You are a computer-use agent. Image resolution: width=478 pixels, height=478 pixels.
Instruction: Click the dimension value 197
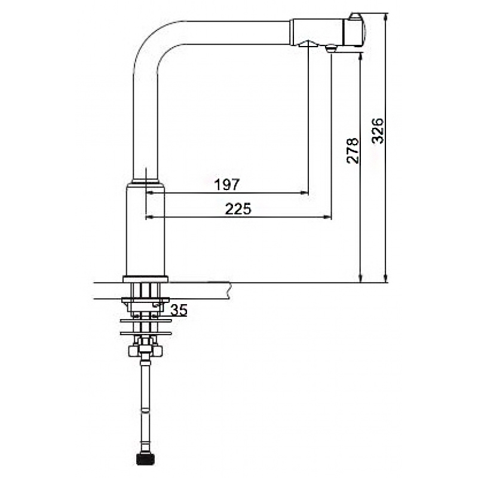coord(227,185)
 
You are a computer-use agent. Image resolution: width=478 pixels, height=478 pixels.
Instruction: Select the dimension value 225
coord(238,209)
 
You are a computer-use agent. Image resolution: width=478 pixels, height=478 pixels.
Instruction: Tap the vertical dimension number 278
coord(353,151)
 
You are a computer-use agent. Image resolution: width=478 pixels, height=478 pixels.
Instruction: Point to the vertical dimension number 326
coord(378,130)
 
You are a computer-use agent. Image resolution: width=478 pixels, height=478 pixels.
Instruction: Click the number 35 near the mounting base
coord(179,310)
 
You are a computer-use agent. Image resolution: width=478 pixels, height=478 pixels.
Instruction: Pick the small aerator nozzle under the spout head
coord(330,48)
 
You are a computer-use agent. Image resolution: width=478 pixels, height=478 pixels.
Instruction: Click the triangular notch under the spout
coord(308,44)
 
